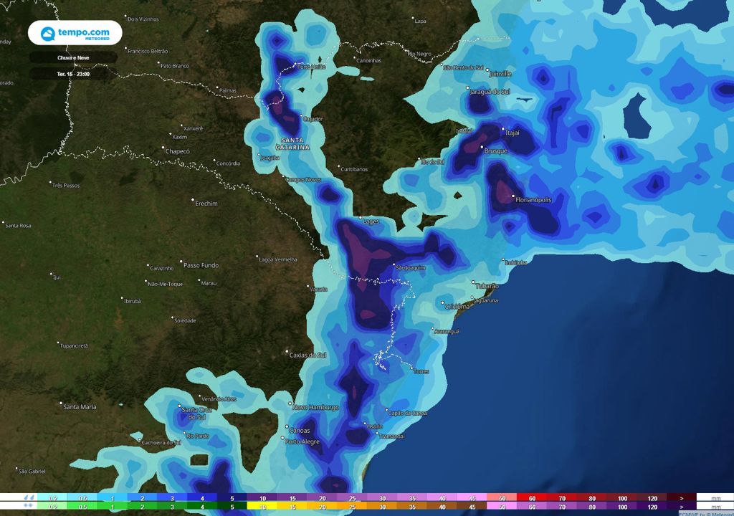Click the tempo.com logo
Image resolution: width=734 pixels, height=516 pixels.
(x=75, y=34)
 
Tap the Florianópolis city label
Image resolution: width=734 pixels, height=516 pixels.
(x=534, y=200)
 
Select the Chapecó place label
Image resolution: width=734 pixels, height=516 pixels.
(x=178, y=151)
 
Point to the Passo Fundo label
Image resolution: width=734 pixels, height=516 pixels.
(x=201, y=265)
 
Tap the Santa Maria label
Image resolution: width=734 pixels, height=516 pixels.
(x=80, y=406)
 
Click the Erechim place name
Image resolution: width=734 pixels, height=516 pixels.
(x=206, y=204)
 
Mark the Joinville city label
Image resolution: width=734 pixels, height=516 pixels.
(x=500, y=74)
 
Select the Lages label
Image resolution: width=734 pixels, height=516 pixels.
(x=371, y=221)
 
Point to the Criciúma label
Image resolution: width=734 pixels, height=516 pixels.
(x=457, y=306)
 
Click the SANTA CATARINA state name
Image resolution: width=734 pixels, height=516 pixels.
(x=295, y=143)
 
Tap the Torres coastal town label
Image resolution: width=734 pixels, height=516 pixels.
(x=421, y=371)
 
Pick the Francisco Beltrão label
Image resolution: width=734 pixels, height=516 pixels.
(x=147, y=51)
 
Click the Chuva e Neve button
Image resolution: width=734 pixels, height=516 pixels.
(x=74, y=57)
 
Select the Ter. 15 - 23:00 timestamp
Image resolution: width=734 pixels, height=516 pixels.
(x=74, y=73)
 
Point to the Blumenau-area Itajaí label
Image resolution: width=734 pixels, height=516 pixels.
(x=512, y=133)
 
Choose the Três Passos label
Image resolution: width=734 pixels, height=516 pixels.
(x=65, y=185)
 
